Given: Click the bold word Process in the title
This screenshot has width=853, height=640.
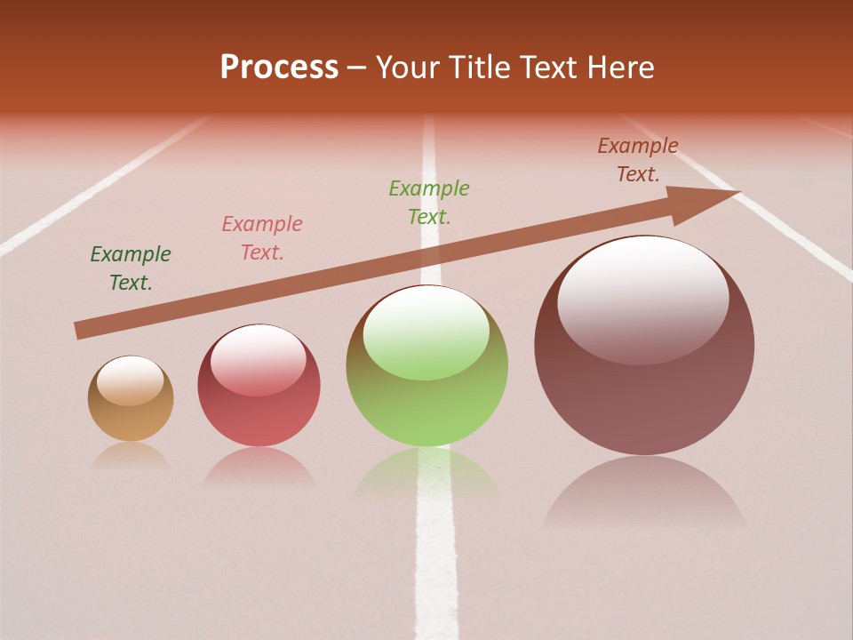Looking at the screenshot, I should (x=279, y=67).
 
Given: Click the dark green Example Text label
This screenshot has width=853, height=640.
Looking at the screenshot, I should (x=131, y=268).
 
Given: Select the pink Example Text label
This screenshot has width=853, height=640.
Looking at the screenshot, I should (x=262, y=238).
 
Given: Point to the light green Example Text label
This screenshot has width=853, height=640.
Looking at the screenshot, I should (x=429, y=202).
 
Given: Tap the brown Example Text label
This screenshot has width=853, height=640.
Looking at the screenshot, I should (x=638, y=160).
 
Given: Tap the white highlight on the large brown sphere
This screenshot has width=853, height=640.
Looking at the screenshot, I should (x=642, y=298).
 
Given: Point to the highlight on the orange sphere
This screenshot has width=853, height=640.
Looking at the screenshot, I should (x=131, y=380).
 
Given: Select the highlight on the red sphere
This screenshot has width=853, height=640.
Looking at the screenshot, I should (x=258, y=360).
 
